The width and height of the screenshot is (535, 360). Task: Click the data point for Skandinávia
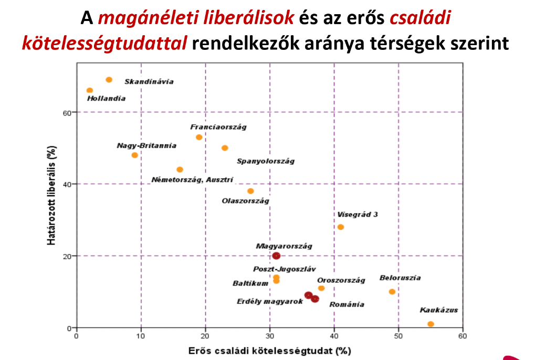pyautogui.click(x=109, y=80)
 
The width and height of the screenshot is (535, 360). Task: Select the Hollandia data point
pyautogui.click(x=90, y=91)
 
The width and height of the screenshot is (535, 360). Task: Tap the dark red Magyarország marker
pyautogui.click(x=276, y=256)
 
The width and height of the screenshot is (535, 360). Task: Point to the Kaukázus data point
pyautogui.click(x=431, y=324)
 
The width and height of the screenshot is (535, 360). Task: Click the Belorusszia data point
pyautogui.click(x=392, y=292)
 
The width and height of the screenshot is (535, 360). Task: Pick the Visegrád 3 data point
pyautogui.click(x=340, y=227)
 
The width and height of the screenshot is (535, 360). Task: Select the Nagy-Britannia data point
pyautogui.click(x=134, y=155)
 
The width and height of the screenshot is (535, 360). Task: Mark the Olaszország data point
pyautogui.click(x=250, y=191)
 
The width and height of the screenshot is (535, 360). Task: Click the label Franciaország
pyautogui.click(x=218, y=127)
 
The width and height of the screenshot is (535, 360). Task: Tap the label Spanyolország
pyautogui.click(x=265, y=161)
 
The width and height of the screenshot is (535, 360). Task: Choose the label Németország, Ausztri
pyautogui.click(x=192, y=179)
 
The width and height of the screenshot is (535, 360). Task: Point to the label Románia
pyautogui.click(x=347, y=304)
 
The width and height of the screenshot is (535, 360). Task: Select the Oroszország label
pyautogui.click(x=341, y=280)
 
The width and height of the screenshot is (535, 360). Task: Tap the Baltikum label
pyautogui.click(x=250, y=283)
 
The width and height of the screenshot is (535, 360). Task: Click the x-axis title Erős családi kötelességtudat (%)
pyautogui.click(x=269, y=350)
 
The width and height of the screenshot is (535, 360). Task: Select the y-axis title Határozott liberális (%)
pyautogui.click(x=51, y=195)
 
